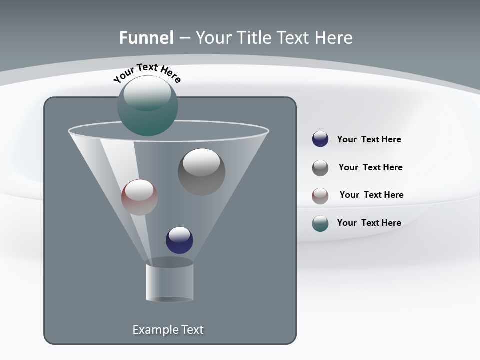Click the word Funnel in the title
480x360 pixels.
(146, 38)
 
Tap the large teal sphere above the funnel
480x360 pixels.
(147, 106)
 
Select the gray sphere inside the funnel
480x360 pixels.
(201, 172)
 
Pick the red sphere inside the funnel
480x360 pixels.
(139, 197)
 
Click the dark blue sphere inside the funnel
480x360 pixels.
(179, 240)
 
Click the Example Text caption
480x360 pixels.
(168, 330)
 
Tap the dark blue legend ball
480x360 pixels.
(320, 139)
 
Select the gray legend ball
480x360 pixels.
(320, 168)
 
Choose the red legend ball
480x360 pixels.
(320, 196)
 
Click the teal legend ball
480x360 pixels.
(320, 223)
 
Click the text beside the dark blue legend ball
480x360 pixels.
(369, 139)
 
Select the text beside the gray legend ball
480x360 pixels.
(370, 167)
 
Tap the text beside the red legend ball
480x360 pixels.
(371, 195)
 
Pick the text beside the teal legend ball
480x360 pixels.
(369, 223)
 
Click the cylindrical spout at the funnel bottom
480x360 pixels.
(169, 282)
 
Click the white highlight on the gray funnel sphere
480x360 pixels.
(201, 162)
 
